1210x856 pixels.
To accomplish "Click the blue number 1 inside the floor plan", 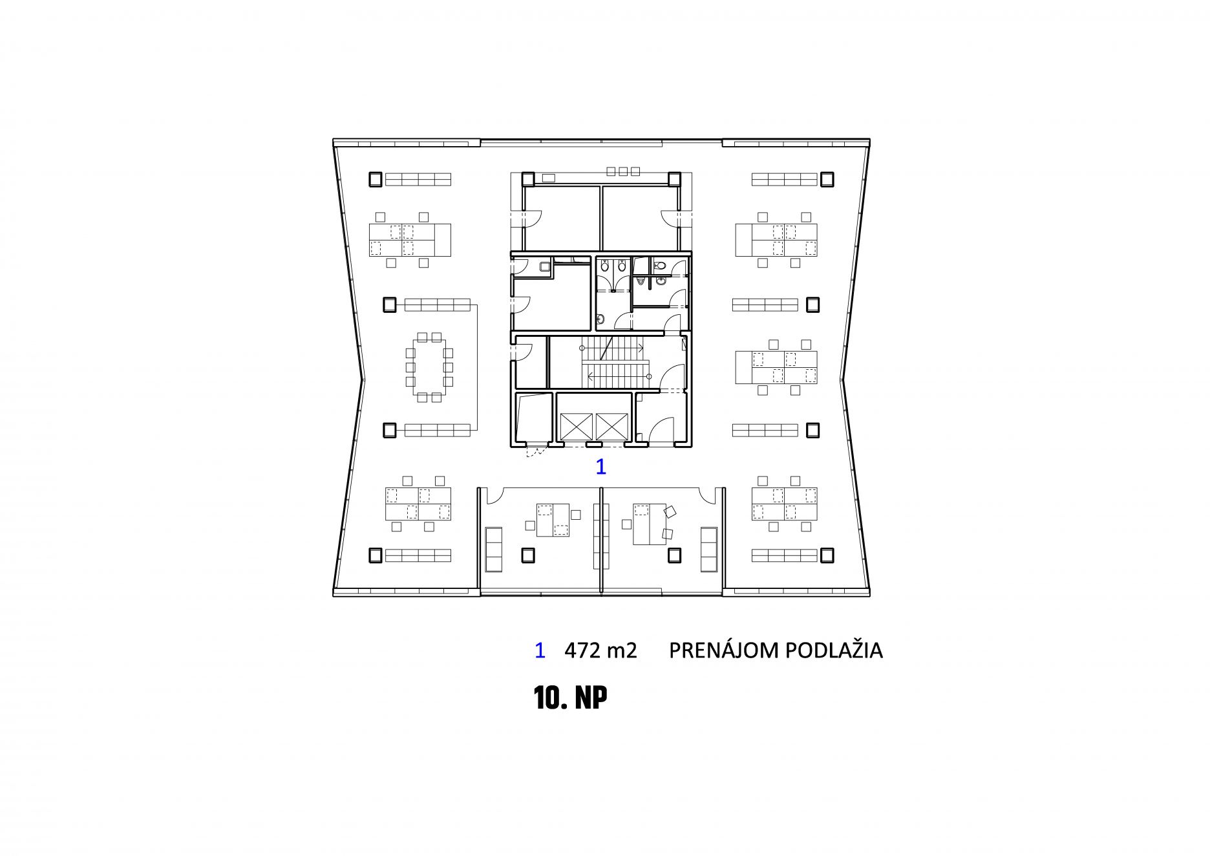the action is (x=601, y=466).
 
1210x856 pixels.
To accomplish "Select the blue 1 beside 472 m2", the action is (x=540, y=650).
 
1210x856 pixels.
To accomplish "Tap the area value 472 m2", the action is (x=600, y=650).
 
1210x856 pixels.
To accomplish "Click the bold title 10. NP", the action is (x=571, y=698).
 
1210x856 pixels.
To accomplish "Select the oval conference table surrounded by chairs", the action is (x=429, y=367).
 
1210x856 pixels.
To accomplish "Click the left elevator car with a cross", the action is (x=576, y=427).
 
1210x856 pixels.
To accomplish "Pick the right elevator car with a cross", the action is (x=611, y=427).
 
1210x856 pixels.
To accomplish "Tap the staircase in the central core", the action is (x=615, y=362).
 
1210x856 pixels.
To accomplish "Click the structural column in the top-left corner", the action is (x=376, y=179).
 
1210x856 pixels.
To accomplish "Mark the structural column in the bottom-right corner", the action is (x=827, y=555).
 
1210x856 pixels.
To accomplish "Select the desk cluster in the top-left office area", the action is (x=410, y=240).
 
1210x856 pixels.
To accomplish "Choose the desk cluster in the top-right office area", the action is (x=776, y=240).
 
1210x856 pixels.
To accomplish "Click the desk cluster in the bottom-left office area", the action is (x=418, y=504).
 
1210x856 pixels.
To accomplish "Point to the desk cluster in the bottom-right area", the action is (x=785, y=504).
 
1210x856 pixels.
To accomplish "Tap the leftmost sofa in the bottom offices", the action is (x=494, y=550).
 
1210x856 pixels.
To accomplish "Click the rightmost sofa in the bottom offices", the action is (x=709, y=550).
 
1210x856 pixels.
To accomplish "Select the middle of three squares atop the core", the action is (x=623, y=171).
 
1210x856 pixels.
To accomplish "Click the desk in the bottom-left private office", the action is (x=553, y=520).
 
